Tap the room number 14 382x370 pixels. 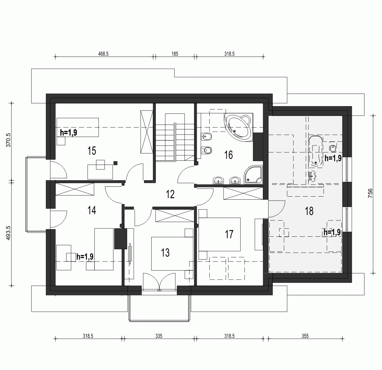click(91, 210)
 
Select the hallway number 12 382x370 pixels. click(170, 195)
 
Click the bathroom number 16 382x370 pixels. click(228, 155)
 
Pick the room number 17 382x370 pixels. click(229, 234)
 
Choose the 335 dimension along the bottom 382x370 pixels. click(159, 336)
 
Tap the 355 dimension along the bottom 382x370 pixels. click(304, 336)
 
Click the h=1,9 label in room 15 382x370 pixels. click(69, 132)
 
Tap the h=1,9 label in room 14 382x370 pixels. click(85, 257)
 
